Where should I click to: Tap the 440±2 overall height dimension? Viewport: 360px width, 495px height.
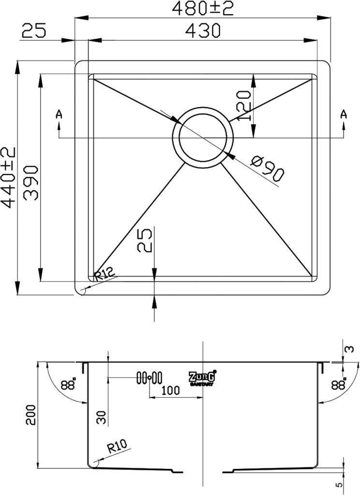tap(9, 178)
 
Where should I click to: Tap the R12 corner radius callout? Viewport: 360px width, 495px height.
tap(105, 276)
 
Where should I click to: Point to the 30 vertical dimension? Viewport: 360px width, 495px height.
tap(101, 417)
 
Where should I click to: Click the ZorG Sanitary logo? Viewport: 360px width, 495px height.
tap(202, 378)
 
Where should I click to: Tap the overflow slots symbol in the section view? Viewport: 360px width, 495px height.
tap(150, 378)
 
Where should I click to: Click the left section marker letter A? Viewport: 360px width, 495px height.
tap(59, 114)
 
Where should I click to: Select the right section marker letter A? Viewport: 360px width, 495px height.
tap(343, 114)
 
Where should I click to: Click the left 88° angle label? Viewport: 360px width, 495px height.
tap(69, 385)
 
